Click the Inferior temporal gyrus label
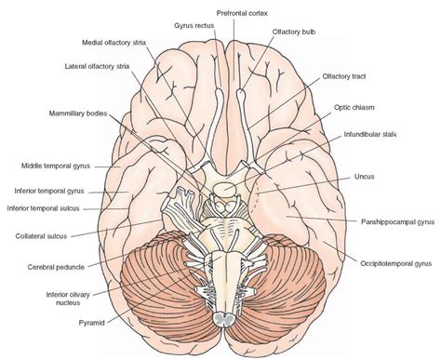[53, 191]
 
